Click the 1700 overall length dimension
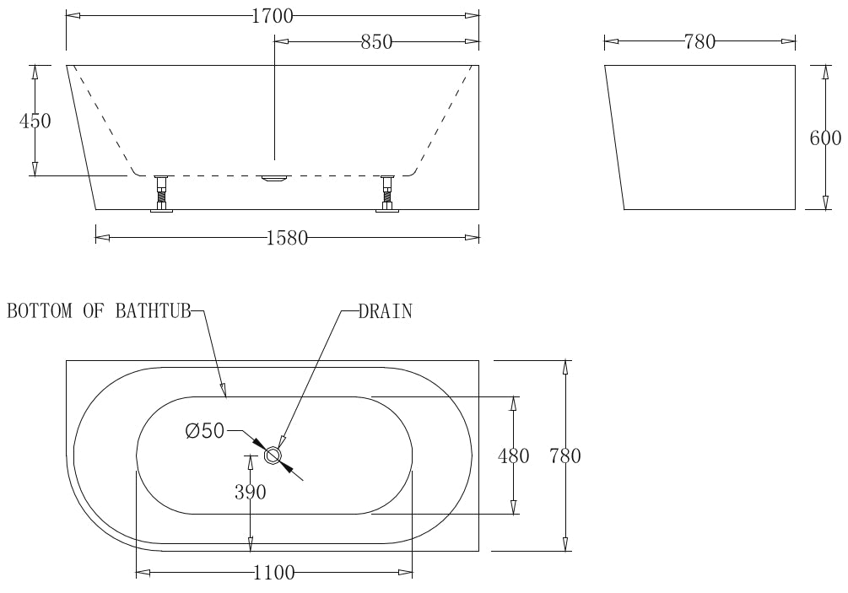pos(272,16)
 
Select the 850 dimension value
pos(376,42)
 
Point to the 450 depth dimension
pos(35,121)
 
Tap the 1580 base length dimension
pos(286,239)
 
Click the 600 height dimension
pos(825,138)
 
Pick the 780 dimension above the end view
pos(699,41)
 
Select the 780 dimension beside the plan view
pos(565,456)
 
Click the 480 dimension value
pos(514,456)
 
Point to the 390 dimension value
pos(250,493)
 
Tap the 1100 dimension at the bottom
pos(274,574)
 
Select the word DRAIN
pos(385,311)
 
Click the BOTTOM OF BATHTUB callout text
pos(99,311)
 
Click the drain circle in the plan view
pos(273,456)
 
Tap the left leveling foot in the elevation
pos(161,195)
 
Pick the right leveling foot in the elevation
pos(387,195)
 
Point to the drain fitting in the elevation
pos(274,178)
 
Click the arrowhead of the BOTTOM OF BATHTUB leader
pos(224,390)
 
